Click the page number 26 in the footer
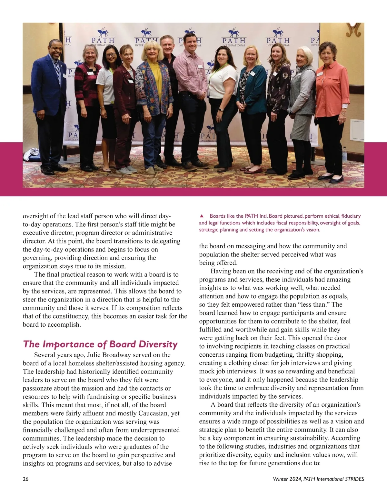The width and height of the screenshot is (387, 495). coord(25,479)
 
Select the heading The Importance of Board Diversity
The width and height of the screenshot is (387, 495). coord(100,344)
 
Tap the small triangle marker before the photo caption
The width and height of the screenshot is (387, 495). coord(202,216)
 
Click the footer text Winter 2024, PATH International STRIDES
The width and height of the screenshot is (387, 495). coord(318,479)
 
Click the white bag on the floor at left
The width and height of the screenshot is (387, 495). coord(32,154)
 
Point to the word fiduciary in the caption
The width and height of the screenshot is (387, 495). coord(351,216)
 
